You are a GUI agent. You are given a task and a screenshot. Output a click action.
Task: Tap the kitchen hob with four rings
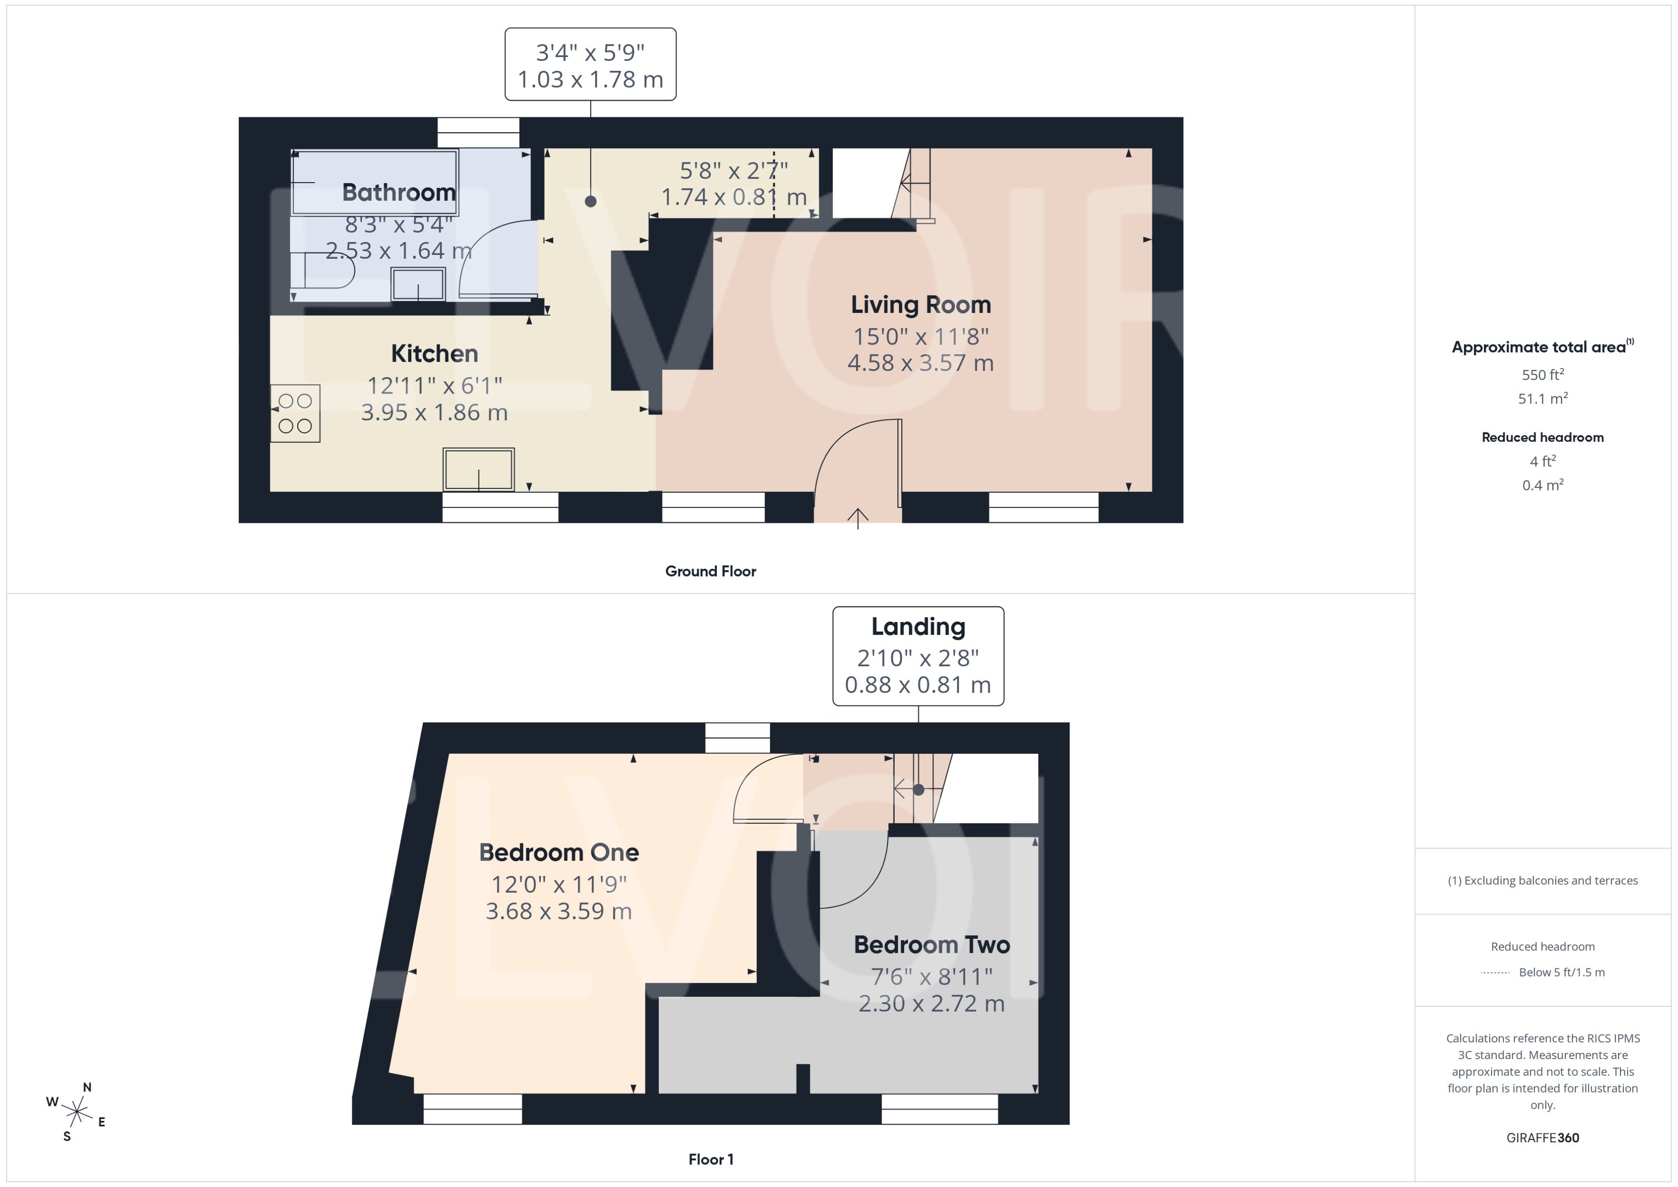coord(295,413)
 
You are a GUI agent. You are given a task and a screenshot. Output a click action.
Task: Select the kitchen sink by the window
coord(478,469)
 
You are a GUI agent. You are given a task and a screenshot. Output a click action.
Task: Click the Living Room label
coord(920,305)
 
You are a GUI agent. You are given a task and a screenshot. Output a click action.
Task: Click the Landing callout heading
coord(918,626)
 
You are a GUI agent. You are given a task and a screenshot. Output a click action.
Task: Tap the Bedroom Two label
coord(932,945)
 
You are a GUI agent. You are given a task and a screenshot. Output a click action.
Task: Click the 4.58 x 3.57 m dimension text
coord(920,363)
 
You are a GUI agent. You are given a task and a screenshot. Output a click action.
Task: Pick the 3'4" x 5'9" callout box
coord(590,64)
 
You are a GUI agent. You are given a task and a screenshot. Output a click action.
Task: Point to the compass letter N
coord(87,1087)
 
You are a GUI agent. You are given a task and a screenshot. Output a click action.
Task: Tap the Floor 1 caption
coord(710,1159)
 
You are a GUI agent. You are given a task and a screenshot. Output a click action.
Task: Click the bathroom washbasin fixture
coord(418,284)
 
